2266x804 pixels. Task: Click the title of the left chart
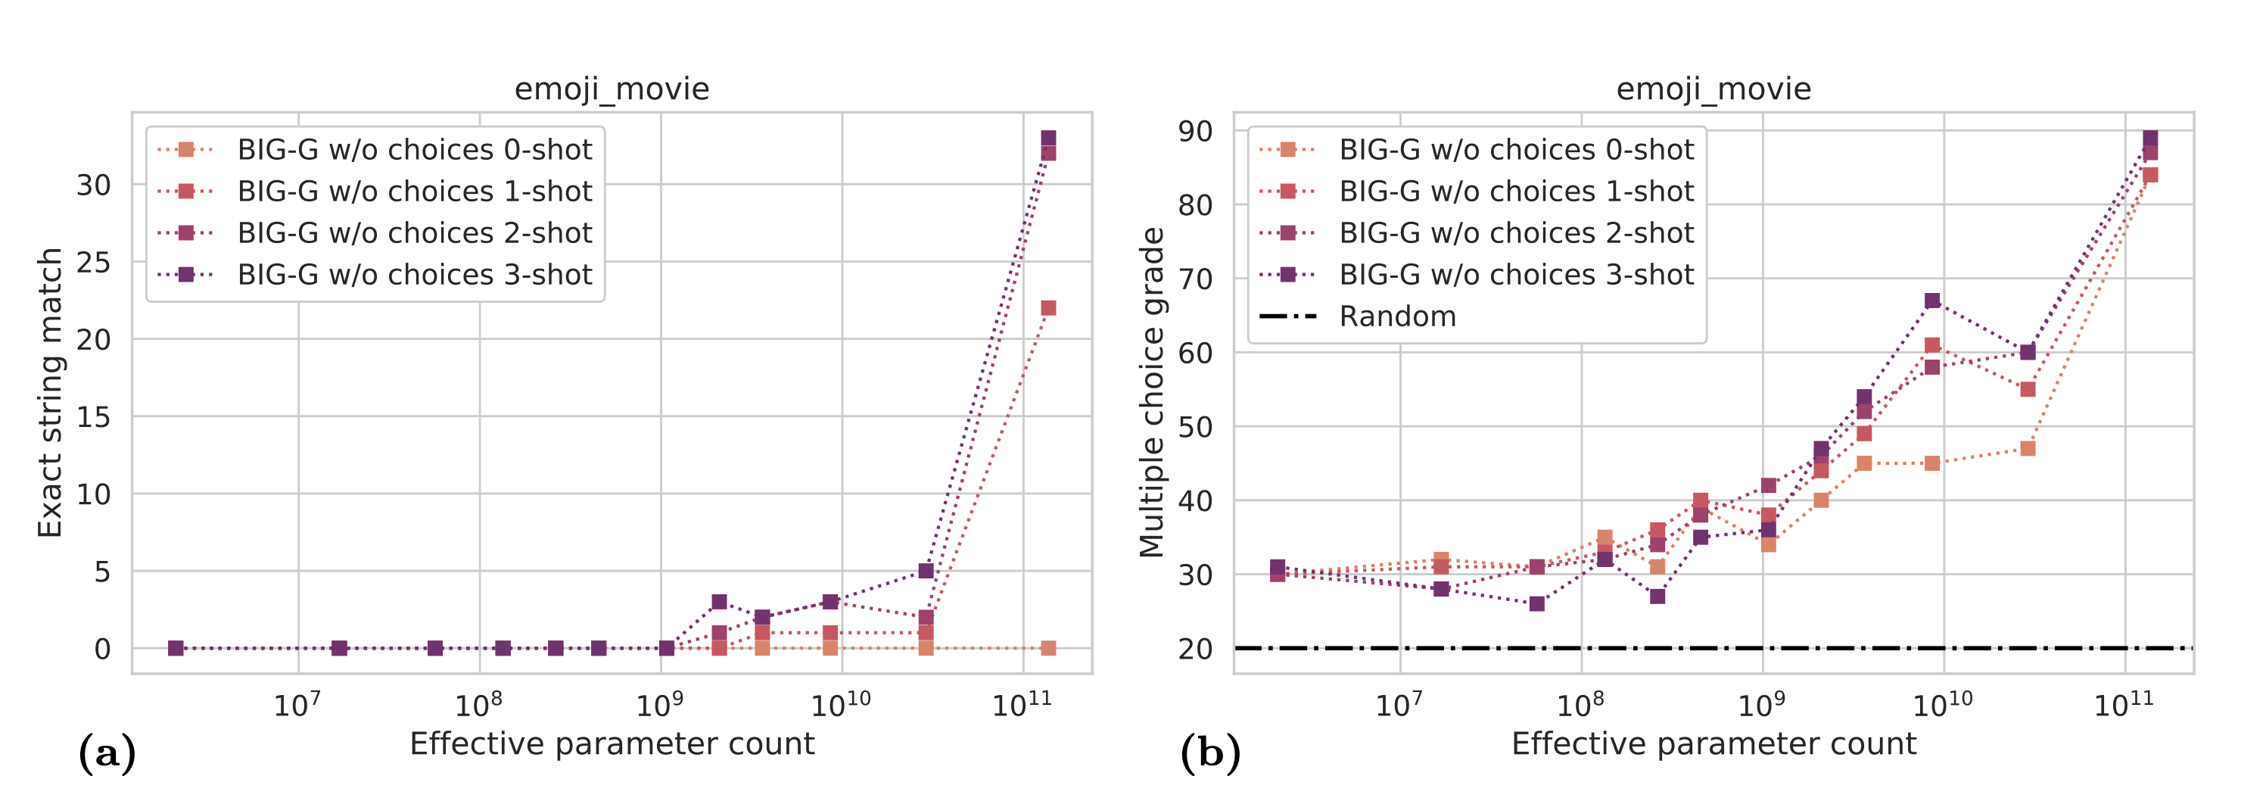[612, 89]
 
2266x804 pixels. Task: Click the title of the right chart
[1713, 89]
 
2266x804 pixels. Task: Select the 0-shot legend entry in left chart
[413, 150]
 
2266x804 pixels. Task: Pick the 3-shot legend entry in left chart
[413, 275]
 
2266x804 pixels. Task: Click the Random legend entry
[1397, 316]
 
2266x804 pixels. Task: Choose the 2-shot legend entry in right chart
[1516, 233]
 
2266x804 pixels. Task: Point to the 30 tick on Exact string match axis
[93, 185]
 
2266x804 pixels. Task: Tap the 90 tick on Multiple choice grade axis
[1196, 131]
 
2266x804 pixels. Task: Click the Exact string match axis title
[49, 392]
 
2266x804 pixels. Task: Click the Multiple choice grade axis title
[1151, 392]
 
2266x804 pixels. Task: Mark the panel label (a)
[107, 754]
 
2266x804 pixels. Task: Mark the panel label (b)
[1209, 754]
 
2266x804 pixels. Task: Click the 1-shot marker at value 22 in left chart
[1047, 308]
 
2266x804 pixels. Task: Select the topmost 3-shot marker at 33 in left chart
[1047, 138]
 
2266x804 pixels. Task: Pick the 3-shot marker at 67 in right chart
[1931, 301]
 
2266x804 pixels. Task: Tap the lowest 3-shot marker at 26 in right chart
[1536, 603]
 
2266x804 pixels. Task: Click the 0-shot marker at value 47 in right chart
[2028, 449]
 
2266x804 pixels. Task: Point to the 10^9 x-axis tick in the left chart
[660, 705]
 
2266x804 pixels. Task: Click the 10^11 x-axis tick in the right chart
[2124, 705]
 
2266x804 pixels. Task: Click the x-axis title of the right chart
[1713, 744]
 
